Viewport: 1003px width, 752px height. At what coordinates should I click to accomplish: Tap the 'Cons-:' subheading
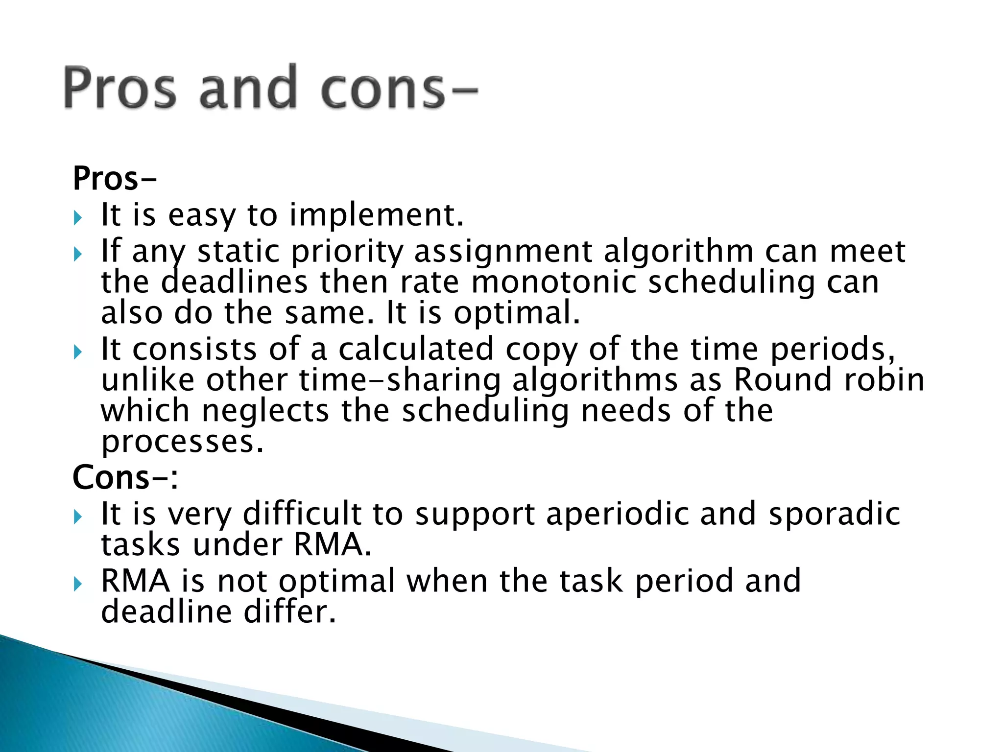[125, 477]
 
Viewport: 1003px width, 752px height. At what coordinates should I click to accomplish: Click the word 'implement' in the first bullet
[376, 215]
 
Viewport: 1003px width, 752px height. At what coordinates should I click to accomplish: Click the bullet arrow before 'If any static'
[78, 254]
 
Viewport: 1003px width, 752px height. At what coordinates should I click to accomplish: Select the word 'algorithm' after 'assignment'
[678, 252]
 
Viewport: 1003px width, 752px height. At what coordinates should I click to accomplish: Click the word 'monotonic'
[553, 282]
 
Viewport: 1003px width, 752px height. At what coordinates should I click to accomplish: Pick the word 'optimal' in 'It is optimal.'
[517, 314]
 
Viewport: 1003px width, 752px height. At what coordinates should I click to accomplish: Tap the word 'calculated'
[416, 349]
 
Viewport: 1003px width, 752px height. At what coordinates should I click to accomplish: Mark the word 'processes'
[182, 442]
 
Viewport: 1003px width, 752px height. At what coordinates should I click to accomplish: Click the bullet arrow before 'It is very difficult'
[78, 517]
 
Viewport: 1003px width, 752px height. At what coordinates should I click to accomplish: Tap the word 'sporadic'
[834, 514]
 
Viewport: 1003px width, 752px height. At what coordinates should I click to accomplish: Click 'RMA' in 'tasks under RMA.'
[332, 544]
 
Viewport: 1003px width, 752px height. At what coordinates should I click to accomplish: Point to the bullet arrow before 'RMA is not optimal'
[78, 584]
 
